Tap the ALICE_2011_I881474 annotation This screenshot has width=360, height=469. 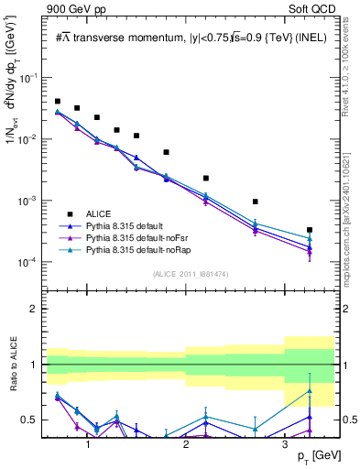point(190,274)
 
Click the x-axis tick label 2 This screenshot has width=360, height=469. point(186,443)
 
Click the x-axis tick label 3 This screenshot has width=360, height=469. point(285,443)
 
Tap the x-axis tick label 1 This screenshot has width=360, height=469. point(88,443)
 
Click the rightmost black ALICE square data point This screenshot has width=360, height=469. point(310,230)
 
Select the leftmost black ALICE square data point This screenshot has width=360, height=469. point(58,102)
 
